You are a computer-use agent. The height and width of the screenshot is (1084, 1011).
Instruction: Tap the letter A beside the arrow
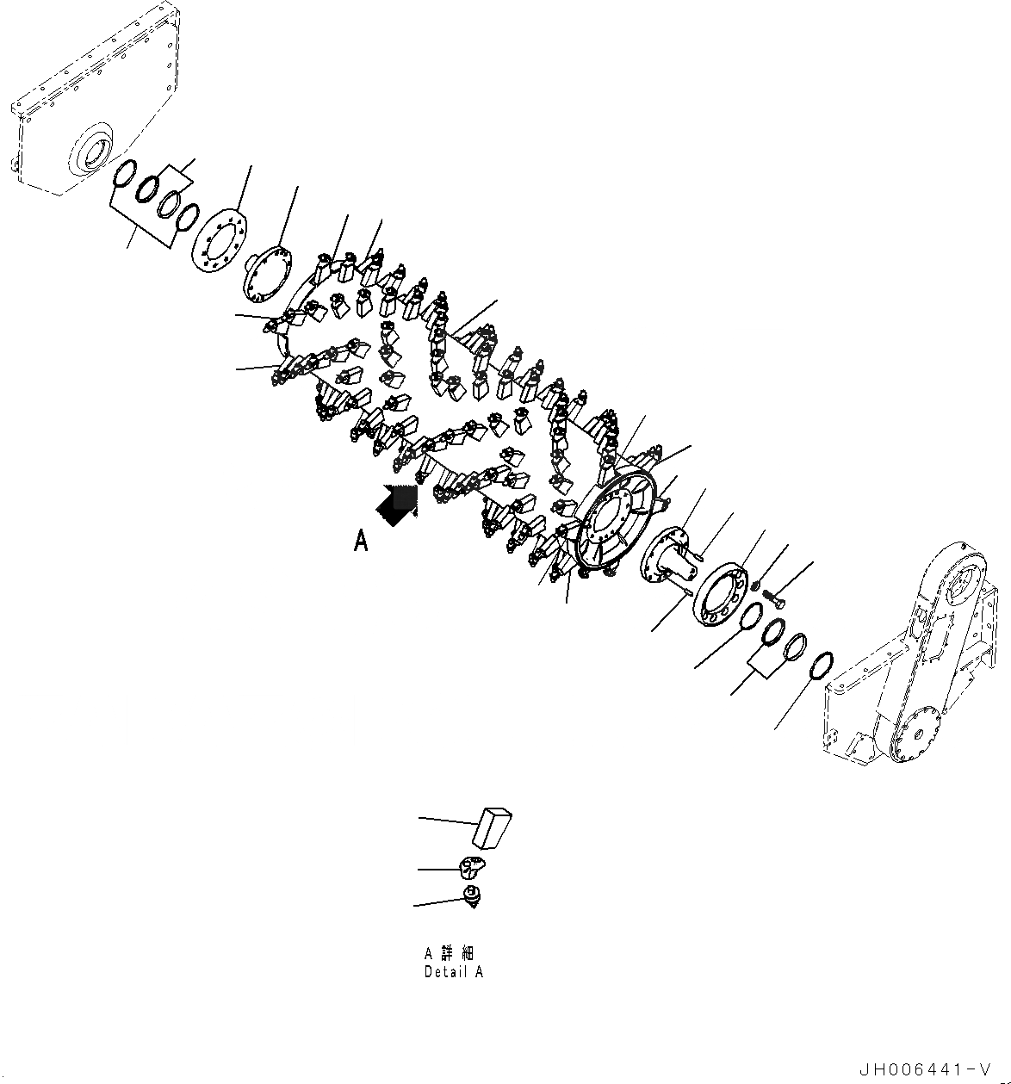(362, 541)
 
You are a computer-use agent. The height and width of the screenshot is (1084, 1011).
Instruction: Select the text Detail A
(453, 971)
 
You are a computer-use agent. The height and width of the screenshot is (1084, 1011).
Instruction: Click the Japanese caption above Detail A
(449, 953)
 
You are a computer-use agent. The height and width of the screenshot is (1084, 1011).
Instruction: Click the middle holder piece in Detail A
(472, 865)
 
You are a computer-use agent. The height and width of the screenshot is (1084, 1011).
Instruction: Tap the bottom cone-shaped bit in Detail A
(471, 895)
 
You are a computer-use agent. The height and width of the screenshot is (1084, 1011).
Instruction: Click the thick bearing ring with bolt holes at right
(722, 596)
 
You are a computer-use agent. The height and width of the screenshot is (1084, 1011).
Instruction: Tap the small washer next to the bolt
(755, 586)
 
